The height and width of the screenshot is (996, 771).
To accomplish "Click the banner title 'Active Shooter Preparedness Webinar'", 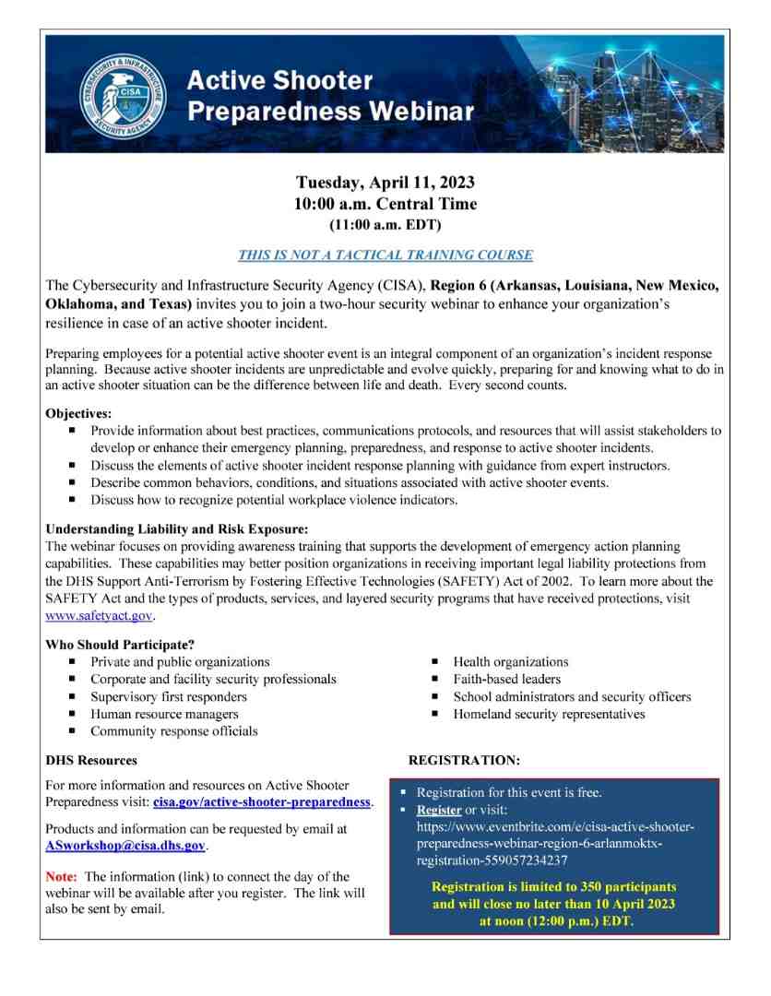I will [330, 96].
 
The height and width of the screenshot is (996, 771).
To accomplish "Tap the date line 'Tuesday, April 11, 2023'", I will [385, 182].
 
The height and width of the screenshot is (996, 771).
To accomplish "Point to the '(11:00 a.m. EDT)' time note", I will [385, 224].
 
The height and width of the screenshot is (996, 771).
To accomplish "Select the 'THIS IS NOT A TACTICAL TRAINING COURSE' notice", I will [385, 255].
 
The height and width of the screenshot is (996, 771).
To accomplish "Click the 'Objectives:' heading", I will [78, 414].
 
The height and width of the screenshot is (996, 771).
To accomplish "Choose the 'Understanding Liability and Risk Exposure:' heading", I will [176, 529].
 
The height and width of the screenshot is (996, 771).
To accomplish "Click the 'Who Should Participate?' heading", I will [120, 645].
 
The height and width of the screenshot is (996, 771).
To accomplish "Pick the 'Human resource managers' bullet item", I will [164, 714].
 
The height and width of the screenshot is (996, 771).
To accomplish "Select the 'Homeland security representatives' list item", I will [549, 714].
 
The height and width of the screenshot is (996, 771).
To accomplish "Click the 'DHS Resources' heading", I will [91, 761].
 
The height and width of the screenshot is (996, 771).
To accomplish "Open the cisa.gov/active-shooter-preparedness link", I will [262, 802].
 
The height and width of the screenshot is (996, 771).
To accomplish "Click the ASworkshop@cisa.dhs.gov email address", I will [125, 845].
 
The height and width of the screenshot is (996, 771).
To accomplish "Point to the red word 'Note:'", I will [63, 876].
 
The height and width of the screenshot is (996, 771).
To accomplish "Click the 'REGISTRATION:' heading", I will [464, 761].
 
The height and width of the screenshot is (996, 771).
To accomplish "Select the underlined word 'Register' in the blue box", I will [439, 810].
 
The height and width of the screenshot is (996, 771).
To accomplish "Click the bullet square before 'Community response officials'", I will [73, 731].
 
